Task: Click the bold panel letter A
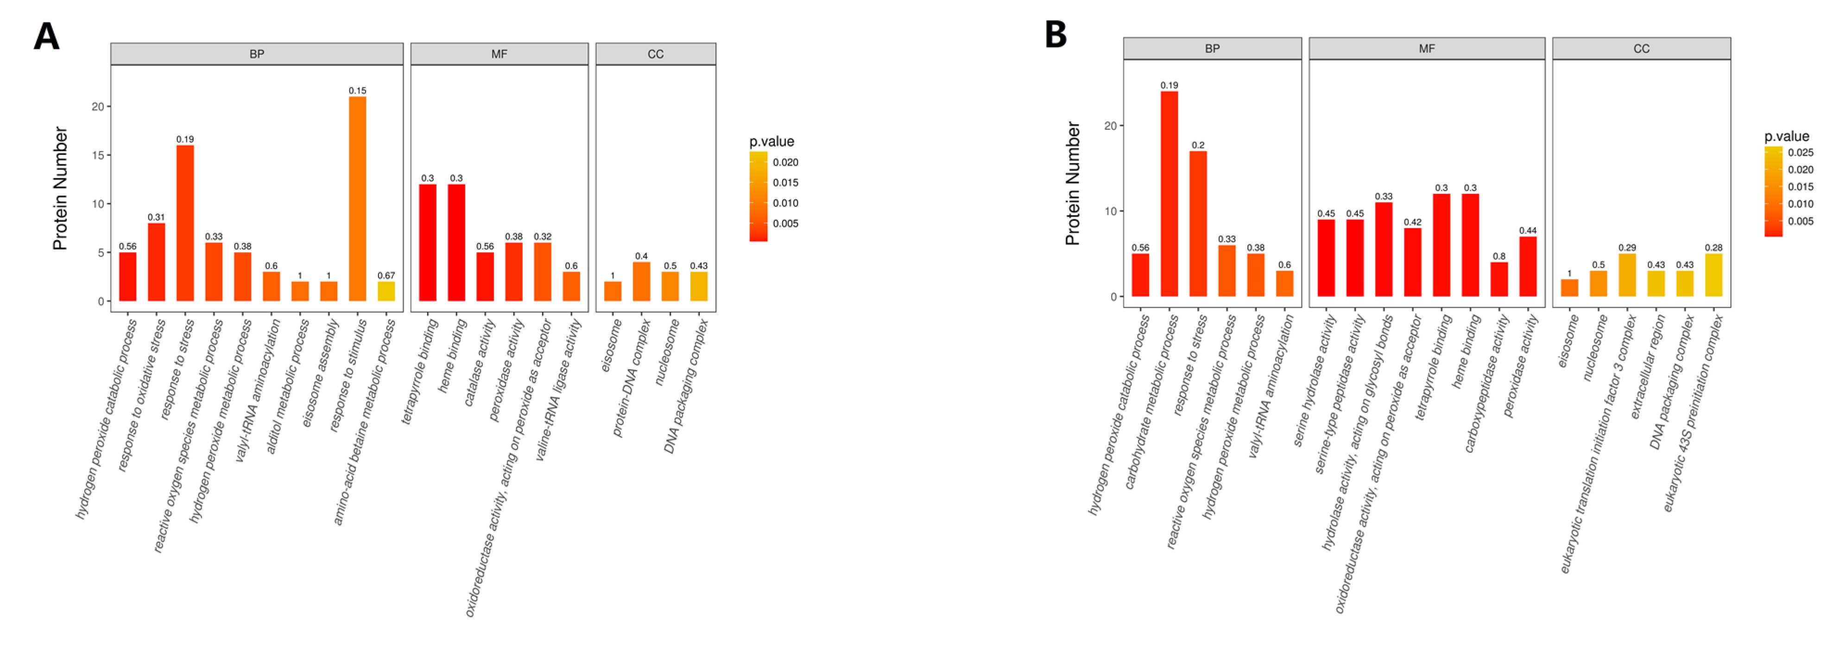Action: [x=47, y=36]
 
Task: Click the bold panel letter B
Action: [x=1056, y=34]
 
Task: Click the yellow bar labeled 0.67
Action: [x=386, y=291]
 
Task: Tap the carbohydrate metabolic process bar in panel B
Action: [x=1169, y=193]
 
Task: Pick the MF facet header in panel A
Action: [x=499, y=54]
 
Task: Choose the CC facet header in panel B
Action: [x=1641, y=49]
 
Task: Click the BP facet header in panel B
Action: [x=1212, y=49]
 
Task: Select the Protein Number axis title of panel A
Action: [x=60, y=188]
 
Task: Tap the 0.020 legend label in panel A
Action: [x=785, y=162]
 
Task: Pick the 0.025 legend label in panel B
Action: [x=1800, y=153]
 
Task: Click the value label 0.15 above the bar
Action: [x=357, y=90]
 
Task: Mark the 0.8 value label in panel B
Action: [x=1499, y=256]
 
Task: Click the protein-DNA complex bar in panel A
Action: [x=641, y=282]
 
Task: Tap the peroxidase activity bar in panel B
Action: [x=1528, y=266]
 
